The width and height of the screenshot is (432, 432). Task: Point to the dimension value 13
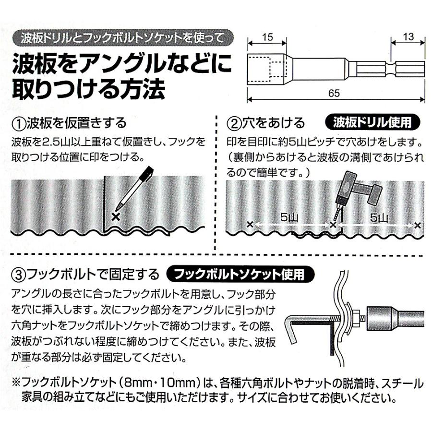point(408,36)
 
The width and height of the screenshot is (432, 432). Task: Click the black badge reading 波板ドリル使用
point(372,122)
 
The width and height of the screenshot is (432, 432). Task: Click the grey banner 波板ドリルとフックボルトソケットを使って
point(124,36)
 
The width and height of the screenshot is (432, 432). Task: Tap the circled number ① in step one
point(18,123)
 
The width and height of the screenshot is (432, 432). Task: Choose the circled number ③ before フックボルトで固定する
point(18,275)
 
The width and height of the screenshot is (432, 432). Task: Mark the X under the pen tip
point(115,217)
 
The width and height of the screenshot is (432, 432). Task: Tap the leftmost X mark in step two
point(249,224)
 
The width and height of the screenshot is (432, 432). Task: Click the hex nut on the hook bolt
point(356,317)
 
